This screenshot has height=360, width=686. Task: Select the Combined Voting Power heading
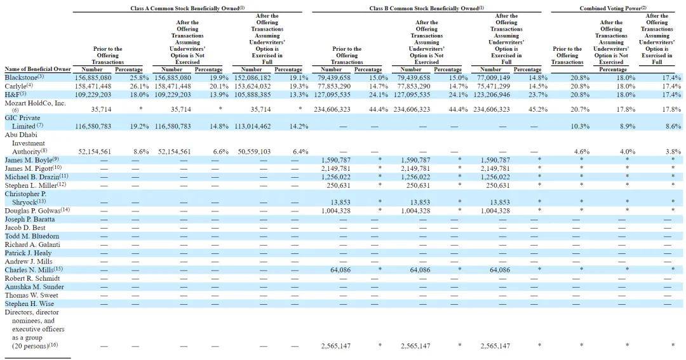click(613, 8)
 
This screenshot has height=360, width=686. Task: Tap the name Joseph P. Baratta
click(30, 219)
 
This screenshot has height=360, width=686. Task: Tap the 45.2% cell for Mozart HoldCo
click(538, 110)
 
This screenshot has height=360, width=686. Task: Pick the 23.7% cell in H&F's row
click(538, 94)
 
